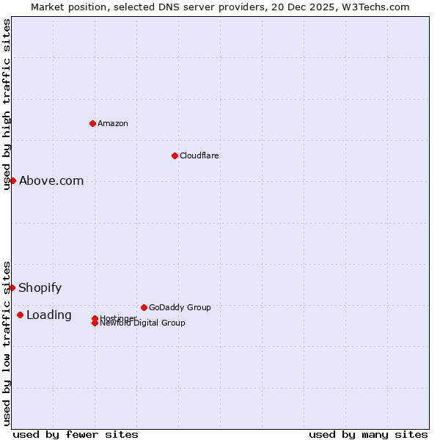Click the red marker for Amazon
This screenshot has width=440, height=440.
(92, 123)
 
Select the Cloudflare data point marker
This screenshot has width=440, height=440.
(175, 155)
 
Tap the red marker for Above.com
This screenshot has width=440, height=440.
(12, 180)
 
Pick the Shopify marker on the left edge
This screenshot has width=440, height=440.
(12, 287)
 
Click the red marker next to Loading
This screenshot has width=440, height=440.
(20, 315)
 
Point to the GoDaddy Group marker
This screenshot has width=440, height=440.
(144, 307)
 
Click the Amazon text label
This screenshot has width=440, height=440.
(113, 123)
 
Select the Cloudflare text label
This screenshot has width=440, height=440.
(199, 155)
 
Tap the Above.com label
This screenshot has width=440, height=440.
(51, 180)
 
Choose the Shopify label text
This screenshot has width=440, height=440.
(40, 287)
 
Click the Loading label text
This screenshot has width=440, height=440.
(49, 315)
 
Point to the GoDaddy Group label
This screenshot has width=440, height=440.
(180, 307)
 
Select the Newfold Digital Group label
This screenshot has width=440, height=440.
(143, 323)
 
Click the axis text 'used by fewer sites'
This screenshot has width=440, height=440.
(76, 434)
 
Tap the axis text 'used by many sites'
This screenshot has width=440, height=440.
(368, 434)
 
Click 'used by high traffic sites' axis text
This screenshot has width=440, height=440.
(7, 104)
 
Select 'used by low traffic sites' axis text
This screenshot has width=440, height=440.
(7, 342)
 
